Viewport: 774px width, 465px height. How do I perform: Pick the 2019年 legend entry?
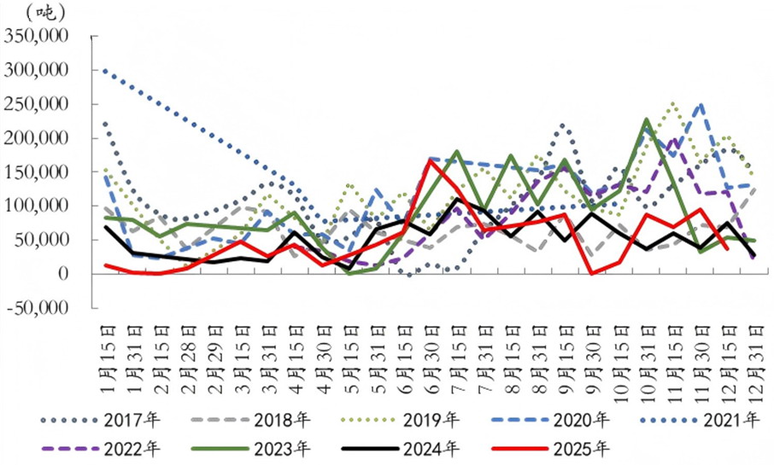[435, 420]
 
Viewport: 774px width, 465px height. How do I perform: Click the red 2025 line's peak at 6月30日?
[430, 160]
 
